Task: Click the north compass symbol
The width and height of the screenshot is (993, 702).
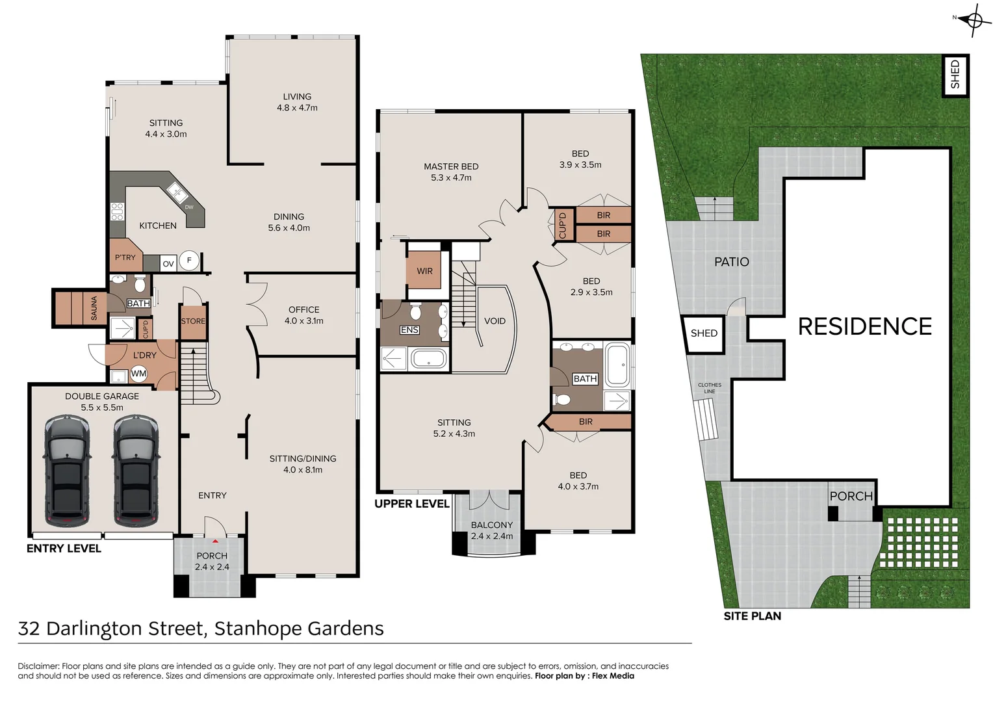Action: [x=974, y=19]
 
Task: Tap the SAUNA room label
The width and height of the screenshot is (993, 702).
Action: [x=94, y=307]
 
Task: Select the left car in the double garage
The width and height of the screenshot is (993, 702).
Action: [x=66, y=471]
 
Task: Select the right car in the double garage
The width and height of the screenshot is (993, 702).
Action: [x=136, y=471]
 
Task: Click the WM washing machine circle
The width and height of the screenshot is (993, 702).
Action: [x=138, y=373]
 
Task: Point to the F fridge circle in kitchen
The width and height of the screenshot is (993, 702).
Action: [x=189, y=260]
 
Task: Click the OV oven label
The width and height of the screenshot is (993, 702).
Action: [x=168, y=263]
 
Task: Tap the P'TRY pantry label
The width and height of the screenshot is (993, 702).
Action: [x=125, y=257]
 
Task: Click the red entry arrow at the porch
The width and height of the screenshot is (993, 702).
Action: [x=215, y=541]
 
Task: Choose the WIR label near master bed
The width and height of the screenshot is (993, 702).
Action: [x=424, y=271]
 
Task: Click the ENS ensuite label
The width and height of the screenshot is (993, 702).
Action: [x=409, y=330]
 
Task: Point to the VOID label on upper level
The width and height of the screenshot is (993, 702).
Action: [x=495, y=321]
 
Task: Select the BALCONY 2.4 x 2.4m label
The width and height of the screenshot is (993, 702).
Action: [x=492, y=530]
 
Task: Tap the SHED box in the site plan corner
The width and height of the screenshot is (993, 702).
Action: [x=955, y=75]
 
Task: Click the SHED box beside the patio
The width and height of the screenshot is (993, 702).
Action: [x=704, y=333]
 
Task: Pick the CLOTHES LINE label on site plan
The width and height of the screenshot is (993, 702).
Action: [x=709, y=388]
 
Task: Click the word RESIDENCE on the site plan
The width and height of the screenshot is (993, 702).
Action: [x=864, y=326]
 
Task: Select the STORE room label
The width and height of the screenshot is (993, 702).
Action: [x=193, y=321]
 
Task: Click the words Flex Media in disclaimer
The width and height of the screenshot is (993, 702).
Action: [x=613, y=676]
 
